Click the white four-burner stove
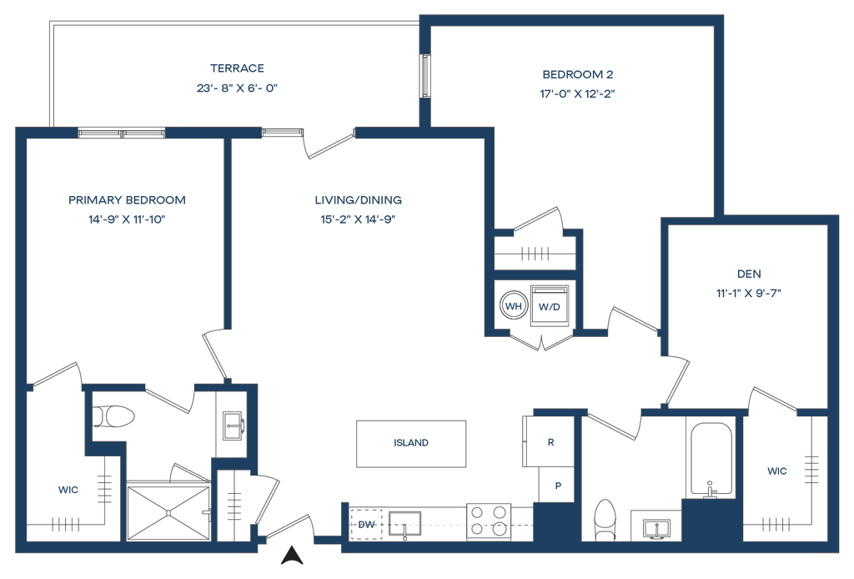pyautogui.click(x=490, y=521)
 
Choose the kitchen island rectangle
pyautogui.click(x=411, y=443)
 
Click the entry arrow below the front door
pyautogui.click(x=292, y=555)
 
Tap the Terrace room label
pyautogui.click(x=237, y=68)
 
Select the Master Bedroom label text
pyautogui.click(x=127, y=200)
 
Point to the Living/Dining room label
pyautogui.click(x=359, y=200)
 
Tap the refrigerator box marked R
pyautogui.click(x=550, y=442)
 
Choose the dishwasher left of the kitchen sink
pyautogui.click(x=365, y=524)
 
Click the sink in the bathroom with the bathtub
pyautogui.click(x=655, y=526)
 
